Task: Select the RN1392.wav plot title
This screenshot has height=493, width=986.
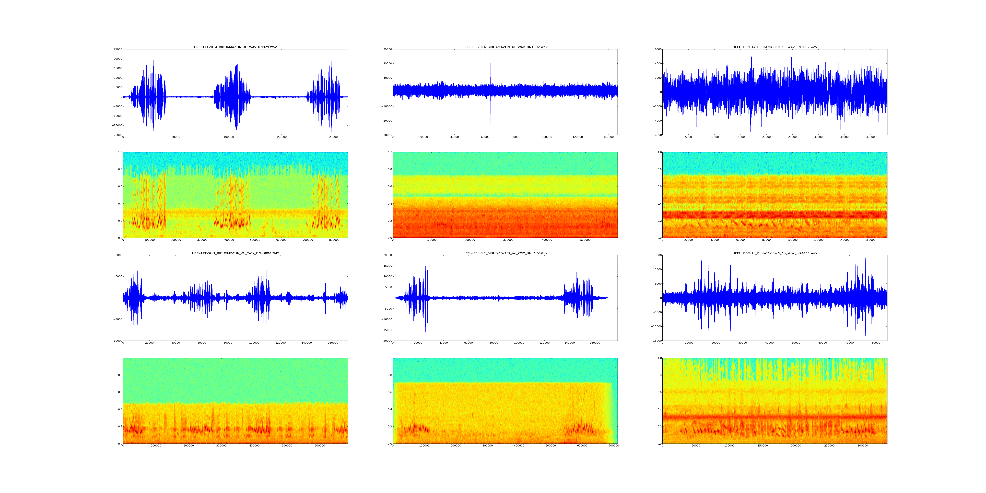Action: coord(505,47)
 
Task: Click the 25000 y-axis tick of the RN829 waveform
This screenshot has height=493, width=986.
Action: coord(117,49)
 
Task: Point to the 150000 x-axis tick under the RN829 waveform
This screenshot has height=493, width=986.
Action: coord(281,137)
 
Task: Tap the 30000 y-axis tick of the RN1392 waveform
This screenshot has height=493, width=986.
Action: coord(387,49)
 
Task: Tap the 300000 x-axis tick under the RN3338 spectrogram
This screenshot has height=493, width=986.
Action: coord(863,446)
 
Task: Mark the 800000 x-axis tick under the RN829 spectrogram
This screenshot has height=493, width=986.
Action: coord(334,240)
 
